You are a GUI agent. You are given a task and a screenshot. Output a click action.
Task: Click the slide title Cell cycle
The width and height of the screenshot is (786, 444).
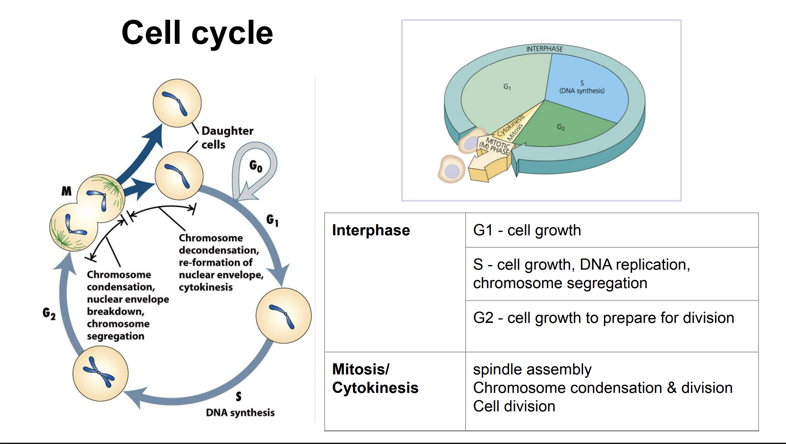pyautogui.click(x=197, y=33)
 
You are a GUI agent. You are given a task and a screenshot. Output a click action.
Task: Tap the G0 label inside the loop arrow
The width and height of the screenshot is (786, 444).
pyautogui.click(x=256, y=166)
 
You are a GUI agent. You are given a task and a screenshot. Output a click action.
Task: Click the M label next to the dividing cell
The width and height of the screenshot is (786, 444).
pyautogui.click(x=67, y=191)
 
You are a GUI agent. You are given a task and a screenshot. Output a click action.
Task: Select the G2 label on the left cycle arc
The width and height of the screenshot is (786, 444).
pyautogui.click(x=49, y=313)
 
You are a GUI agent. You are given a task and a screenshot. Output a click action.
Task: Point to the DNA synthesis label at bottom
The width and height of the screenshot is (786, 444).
pyautogui.click(x=240, y=413)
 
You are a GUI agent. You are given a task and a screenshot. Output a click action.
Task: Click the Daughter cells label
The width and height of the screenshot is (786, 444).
pyautogui.click(x=227, y=137)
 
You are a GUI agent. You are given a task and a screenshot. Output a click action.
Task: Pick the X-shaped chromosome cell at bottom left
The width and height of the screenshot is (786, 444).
pyautogui.click(x=101, y=373)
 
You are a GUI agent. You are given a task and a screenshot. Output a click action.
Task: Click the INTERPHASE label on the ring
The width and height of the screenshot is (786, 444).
pyautogui.click(x=544, y=49)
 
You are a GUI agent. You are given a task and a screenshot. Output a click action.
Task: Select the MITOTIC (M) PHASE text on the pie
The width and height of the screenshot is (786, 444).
pyautogui.click(x=495, y=146)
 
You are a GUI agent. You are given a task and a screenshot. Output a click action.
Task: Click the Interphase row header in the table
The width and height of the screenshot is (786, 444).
pyautogui.click(x=371, y=230)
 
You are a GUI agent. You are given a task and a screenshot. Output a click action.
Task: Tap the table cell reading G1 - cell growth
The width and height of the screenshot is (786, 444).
pyautogui.click(x=527, y=230)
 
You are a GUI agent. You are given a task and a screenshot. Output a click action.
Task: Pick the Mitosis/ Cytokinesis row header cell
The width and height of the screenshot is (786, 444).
pyautogui.click(x=375, y=378)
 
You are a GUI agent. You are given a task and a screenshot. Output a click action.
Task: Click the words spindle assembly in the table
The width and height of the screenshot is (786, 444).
pyautogui.click(x=532, y=369)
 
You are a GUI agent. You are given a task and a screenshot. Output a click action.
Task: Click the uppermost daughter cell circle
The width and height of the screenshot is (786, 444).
pyautogui.click(x=177, y=103)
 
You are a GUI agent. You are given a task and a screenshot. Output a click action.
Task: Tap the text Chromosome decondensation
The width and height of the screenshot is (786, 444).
pyautogui.click(x=218, y=244)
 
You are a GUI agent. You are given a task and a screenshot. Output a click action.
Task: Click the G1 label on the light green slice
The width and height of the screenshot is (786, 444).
pyautogui.click(x=507, y=87)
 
